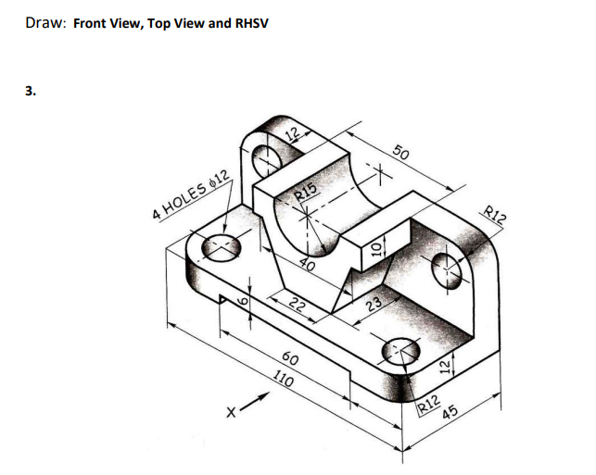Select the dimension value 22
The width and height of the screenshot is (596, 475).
tap(296, 305)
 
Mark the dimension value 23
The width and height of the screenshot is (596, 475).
tap(373, 305)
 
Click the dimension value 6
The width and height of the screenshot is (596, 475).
tap(246, 303)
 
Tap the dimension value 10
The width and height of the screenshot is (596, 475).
tap(376, 247)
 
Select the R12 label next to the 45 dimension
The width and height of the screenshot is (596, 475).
tap(427, 402)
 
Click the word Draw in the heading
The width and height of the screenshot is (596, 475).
tap(43, 22)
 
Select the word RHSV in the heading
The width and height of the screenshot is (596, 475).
tap(249, 22)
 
